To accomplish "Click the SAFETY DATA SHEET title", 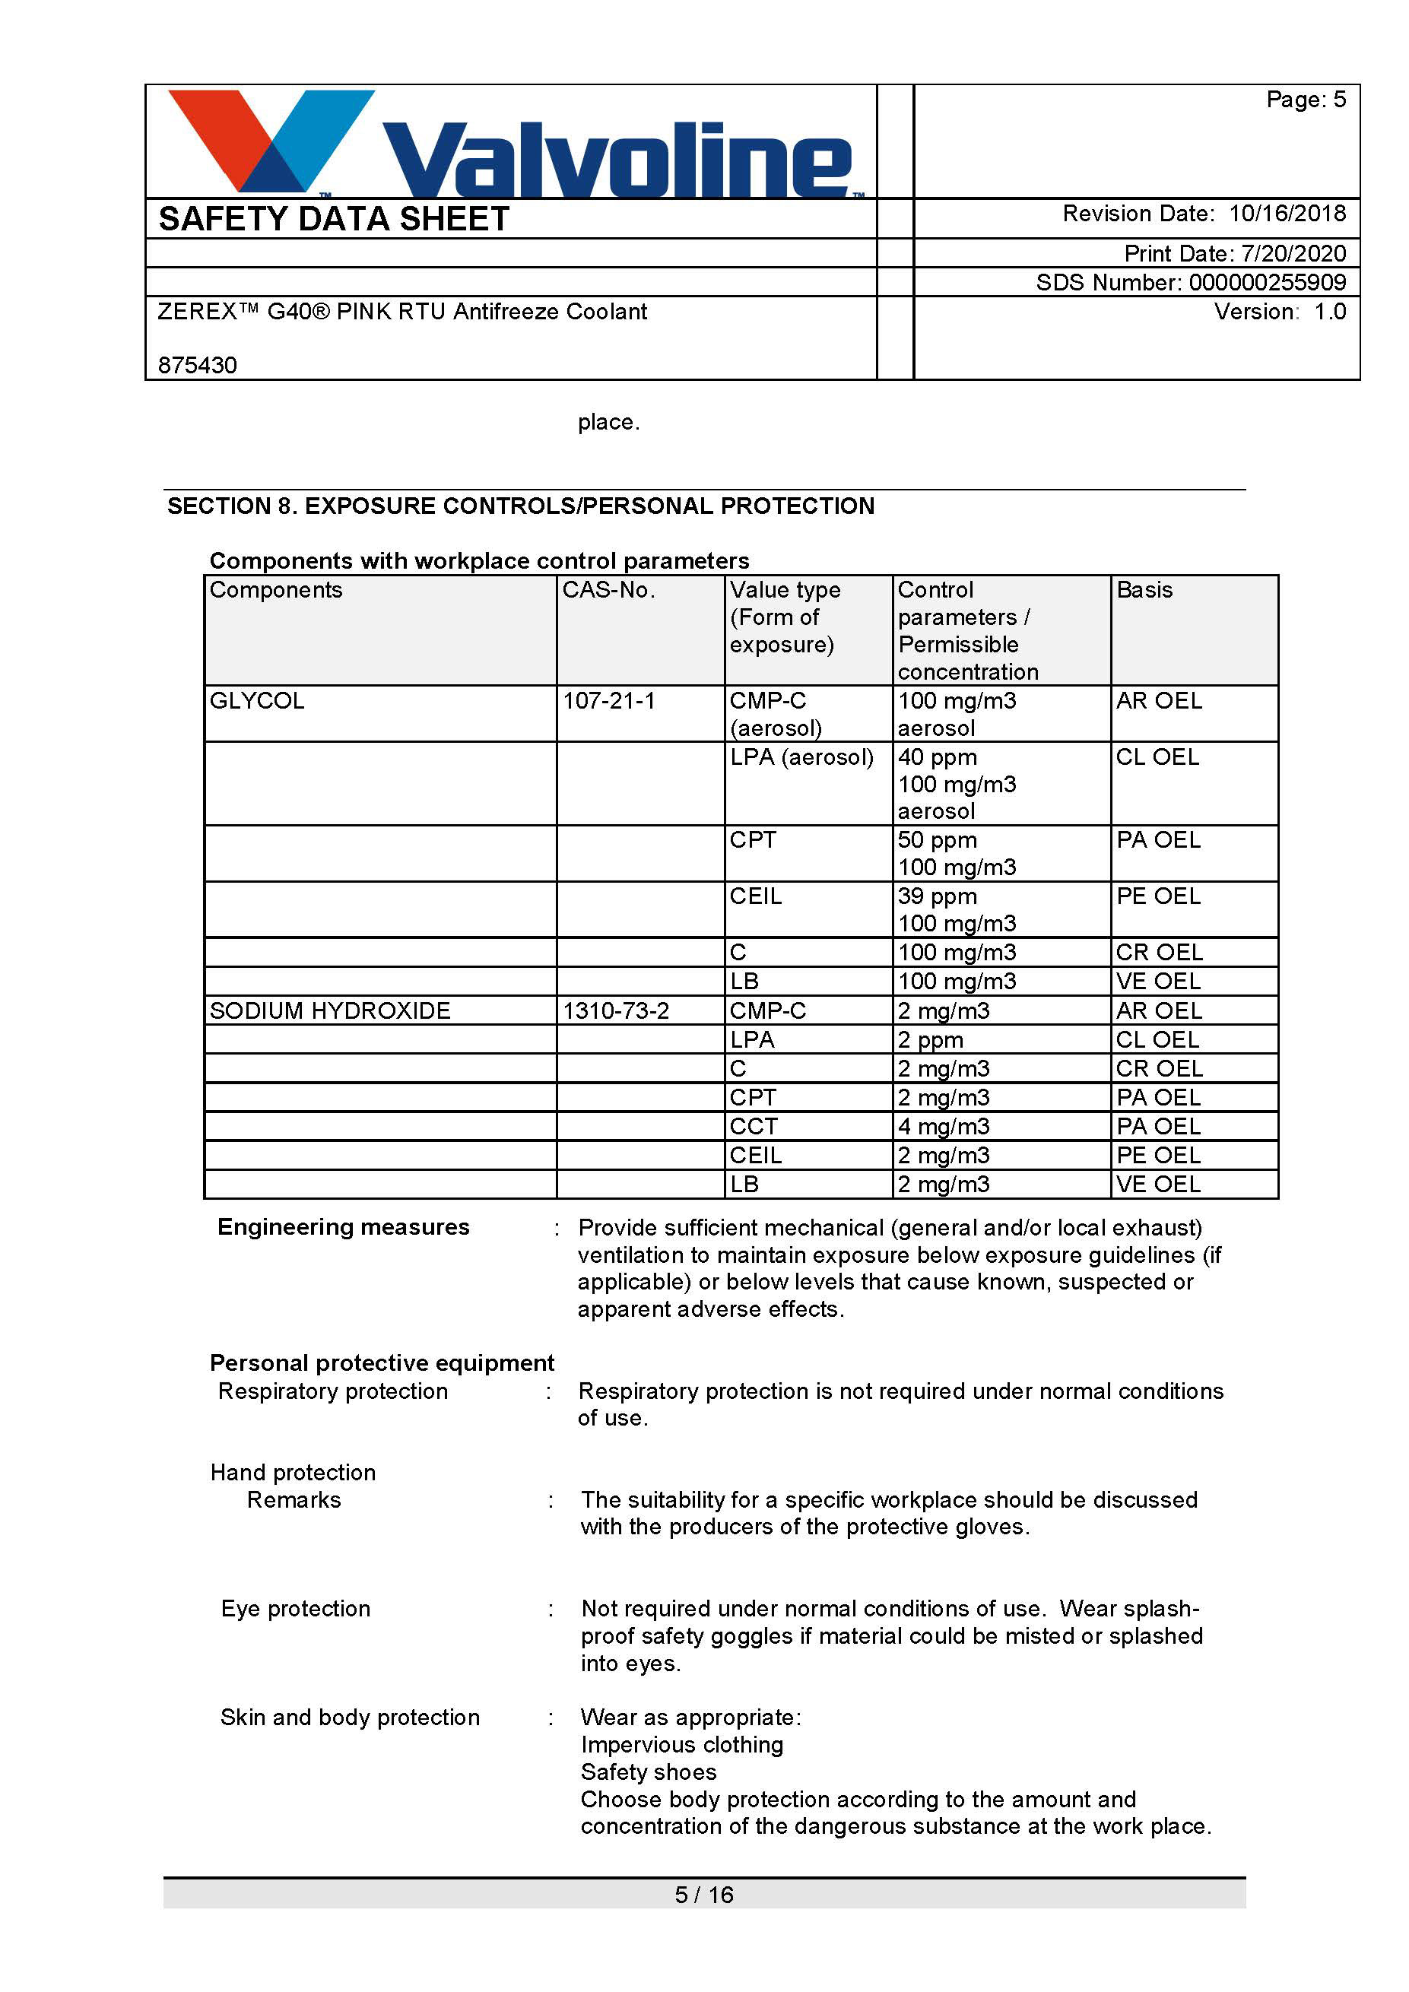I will tap(334, 219).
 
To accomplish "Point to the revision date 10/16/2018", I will tap(1287, 214).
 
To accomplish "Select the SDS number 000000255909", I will tap(1267, 282).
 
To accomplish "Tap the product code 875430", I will tap(198, 364).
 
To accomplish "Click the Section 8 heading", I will tap(521, 506).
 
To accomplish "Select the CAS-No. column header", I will tap(608, 590).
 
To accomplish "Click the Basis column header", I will tap(1144, 590).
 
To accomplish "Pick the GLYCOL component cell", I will tap(257, 700).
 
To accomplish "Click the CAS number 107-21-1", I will tap(608, 700).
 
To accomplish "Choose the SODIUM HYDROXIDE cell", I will tap(330, 1010).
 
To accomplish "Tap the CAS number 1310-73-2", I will tap(615, 1010).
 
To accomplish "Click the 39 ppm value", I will tap(937, 896).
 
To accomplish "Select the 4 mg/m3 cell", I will tap(943, 1126).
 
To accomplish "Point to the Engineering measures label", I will tap(344, 1227).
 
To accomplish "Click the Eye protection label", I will tap(296, 1609).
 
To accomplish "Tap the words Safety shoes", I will tap(648, 1772).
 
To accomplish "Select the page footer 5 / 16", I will tap(703, 1895).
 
